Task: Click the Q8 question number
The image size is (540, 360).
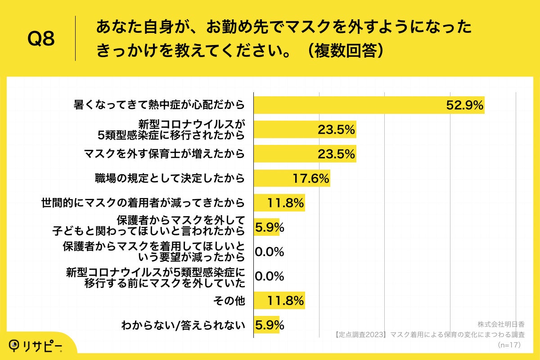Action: coord(41,39)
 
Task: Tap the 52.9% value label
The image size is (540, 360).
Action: coord(464,105)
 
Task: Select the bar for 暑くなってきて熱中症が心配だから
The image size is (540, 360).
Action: coord(369,105)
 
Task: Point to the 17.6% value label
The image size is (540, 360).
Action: coord(311,178)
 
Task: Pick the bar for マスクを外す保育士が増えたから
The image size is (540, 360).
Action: coord(305,154)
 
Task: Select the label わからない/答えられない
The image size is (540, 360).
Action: coord(183,324)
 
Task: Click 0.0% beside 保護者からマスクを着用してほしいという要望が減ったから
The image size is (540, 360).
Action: coord(269,252)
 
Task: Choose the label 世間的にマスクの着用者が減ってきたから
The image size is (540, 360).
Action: coord(143,202)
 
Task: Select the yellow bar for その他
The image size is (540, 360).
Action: coord(279,300)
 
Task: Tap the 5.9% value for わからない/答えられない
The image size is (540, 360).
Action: coord(269,324)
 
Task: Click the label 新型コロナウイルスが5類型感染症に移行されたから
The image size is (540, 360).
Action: coord(171,130)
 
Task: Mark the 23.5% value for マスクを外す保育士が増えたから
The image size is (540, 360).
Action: coord(337,154)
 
